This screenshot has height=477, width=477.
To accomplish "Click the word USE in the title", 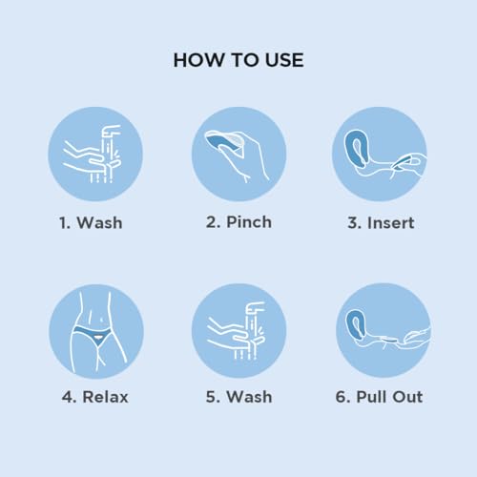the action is [x=284, y=60].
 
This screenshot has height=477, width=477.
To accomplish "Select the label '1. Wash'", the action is [x=91, y=222].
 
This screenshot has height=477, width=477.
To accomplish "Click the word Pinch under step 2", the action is [x=249, y=221].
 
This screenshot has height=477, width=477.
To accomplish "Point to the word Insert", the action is [x=390, y=222].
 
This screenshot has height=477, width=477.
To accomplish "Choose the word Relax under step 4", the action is [x=105, y=397].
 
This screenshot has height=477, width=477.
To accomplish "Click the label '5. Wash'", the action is [x=238, y=397].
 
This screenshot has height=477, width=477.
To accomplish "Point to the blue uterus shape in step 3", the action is [x=355, y=148].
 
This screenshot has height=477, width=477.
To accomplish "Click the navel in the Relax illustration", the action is [x=101, y=319].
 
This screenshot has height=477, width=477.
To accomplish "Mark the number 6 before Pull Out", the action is [x=342, y=397].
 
